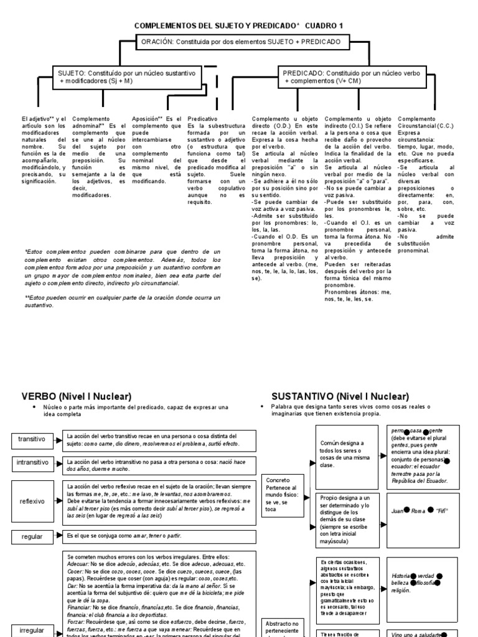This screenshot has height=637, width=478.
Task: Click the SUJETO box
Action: (126, 77)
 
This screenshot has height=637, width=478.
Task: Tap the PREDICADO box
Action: (351, 77)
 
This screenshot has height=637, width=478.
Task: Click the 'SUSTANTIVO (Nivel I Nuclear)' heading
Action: (340, 396)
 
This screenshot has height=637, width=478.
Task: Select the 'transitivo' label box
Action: (32, 439)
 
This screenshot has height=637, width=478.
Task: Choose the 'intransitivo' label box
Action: (32, 463)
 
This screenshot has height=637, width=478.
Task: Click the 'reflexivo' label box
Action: (32, 501)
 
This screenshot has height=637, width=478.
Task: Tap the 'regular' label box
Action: (32, 536)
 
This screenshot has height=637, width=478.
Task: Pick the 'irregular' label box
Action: (32, 630)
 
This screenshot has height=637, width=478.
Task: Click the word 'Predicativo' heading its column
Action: (203, 118)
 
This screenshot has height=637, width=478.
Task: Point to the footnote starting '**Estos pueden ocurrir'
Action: (122, 301)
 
